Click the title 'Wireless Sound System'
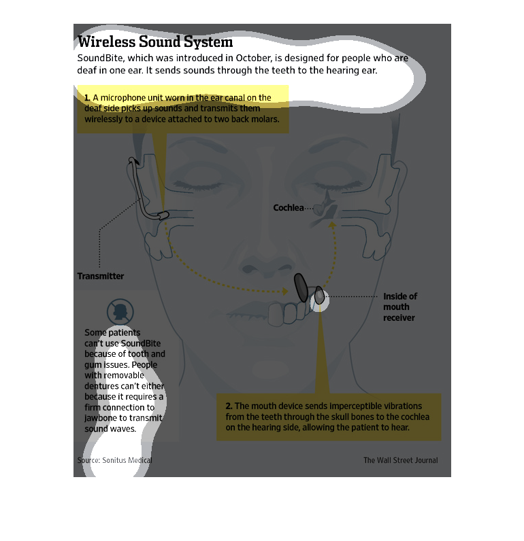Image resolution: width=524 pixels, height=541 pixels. click(155, 41)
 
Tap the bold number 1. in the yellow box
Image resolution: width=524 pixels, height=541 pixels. click(88, 98)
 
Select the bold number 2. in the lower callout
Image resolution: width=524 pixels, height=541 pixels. click(229, 406)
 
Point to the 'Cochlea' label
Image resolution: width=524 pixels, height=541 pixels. click(289, 207)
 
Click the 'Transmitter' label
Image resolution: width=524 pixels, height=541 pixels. click(101, 276)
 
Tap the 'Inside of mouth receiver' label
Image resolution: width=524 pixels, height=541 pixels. click(399, 307)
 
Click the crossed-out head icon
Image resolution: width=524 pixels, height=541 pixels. click(120, 312)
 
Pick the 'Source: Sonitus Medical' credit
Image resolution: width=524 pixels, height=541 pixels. click(114, 460)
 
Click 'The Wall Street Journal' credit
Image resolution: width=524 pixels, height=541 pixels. click(400, 460)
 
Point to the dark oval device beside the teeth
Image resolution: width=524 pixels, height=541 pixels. click(300, 286)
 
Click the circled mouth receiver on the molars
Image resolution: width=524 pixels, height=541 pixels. click(318, 296)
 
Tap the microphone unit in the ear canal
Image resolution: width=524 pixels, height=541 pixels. click(164, 215)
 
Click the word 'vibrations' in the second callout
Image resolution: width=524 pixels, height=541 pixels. click(397, 406)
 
